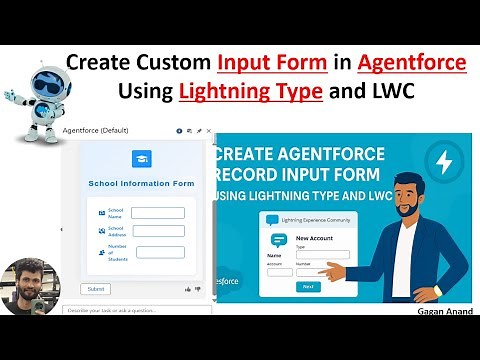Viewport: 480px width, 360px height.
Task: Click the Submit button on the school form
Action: pos(96,289)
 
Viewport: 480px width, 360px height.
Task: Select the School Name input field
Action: pos(158,213)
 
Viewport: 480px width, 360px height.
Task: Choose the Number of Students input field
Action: pos(160,252)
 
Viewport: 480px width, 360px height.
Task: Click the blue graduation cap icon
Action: pos(142,158)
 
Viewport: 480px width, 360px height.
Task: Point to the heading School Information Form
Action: pos(141,183)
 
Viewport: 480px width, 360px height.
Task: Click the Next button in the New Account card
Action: pos(308,286)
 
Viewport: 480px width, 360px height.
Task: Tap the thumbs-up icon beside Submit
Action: pos(188,289)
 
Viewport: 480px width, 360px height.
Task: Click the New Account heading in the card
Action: pos(314,237)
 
